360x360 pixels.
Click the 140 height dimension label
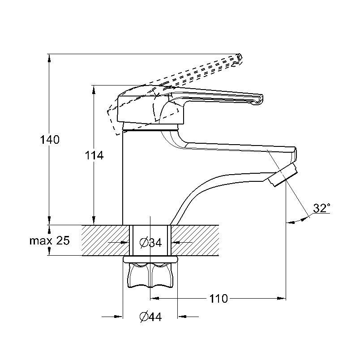[50, 140]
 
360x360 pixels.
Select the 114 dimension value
[94, 155]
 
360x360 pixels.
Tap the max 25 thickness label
[49, 240]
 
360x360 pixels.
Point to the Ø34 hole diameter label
[150, 242]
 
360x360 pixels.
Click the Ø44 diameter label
[150, 317]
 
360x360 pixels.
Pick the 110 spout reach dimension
[219, 299]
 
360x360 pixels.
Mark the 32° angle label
[321, 208]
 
